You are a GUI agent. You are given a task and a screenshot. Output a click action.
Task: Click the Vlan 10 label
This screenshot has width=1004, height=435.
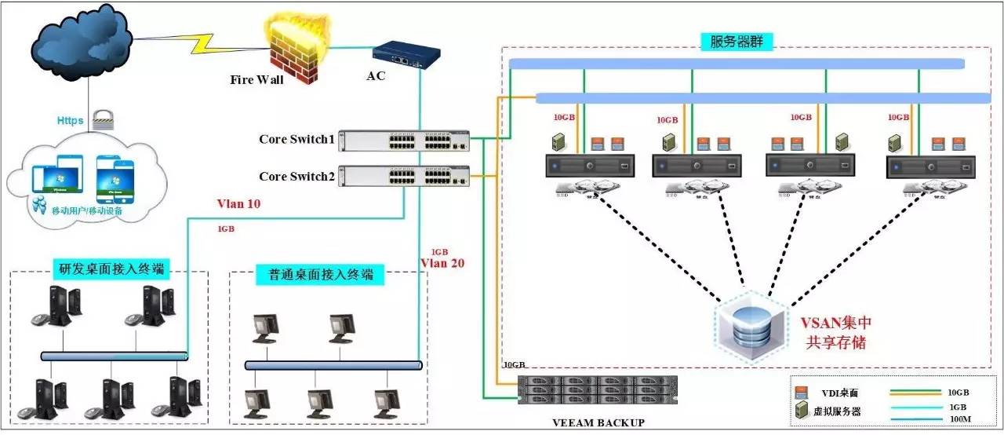(x=239, y=204)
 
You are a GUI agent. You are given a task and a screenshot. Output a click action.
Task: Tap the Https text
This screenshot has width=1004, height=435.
(x=70, y=121)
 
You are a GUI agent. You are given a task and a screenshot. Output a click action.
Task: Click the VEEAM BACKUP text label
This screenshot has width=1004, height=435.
(x=598, y=423)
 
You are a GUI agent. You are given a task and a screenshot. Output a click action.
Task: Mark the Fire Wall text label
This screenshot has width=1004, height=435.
(x=256, y=80)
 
